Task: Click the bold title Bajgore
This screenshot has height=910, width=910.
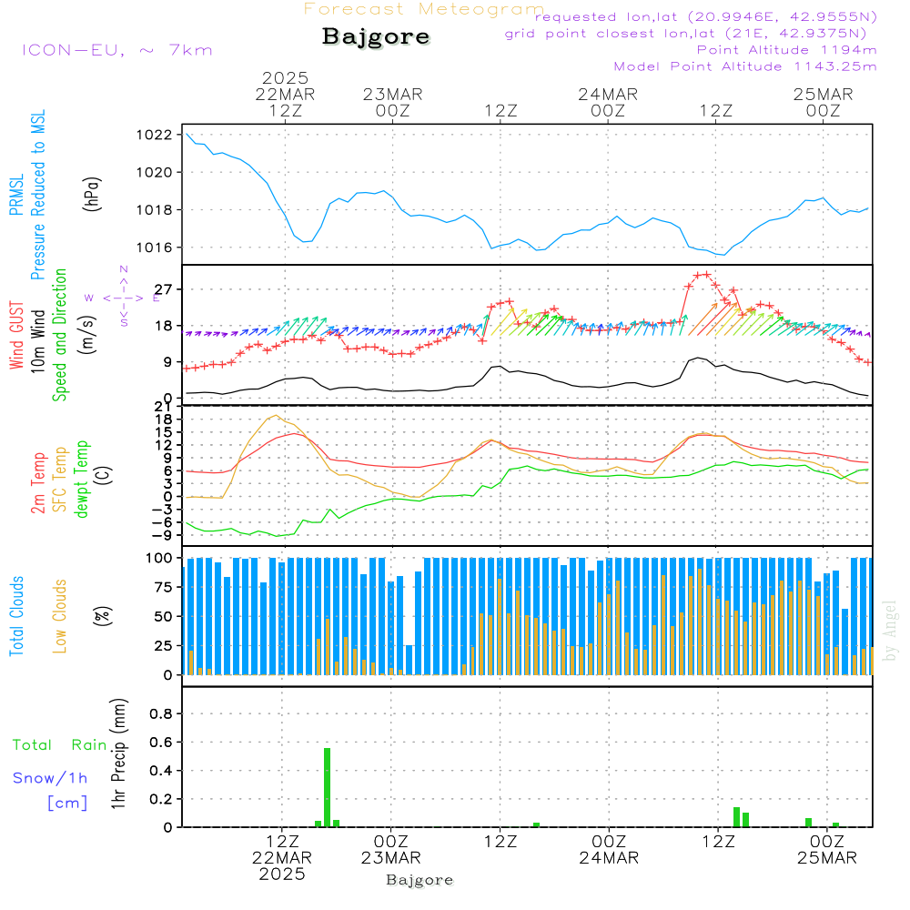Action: pos(376,37)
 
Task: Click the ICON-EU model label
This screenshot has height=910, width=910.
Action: pos(116,50)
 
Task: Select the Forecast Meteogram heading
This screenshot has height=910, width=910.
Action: pos(424,9)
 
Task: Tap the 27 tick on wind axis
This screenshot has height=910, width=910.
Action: pos(165,289)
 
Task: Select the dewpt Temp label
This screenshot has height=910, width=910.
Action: pos(82,480)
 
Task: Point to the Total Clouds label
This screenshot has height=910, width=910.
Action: pos(17,616)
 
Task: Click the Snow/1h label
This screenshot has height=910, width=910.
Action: pos(50,778)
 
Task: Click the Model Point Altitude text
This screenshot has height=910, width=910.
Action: pos(745,66)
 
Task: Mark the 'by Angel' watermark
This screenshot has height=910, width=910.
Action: pos(890,630)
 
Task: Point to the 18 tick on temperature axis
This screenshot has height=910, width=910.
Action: pos(165,419)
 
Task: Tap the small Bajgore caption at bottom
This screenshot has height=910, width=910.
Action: pos(420,880)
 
